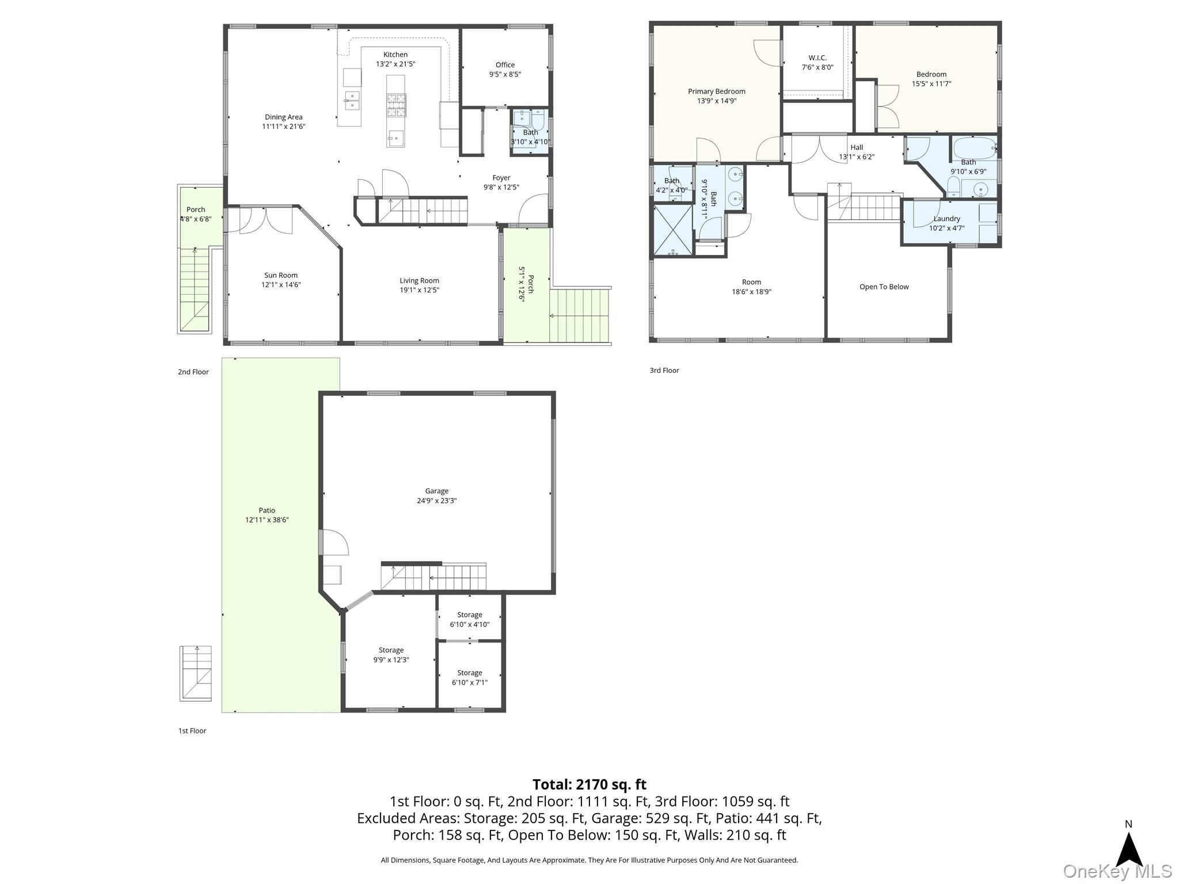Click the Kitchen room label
pyautogui.click(x=395, y=55)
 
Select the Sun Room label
pyautogui.click(x=281, y=275)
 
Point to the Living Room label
pyautogui.click(x=419, y=281)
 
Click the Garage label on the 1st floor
pyautogui.click(x=436, y=491)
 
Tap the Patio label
pyautogui.click(x=267, y=510)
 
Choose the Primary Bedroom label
pyautogui.click(x=717, y=92)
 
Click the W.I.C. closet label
pyautogui.click(x=817, y=58)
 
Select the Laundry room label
pyautogui.click(x=946, y=219)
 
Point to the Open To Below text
pyautogui.click(x=884, y=287)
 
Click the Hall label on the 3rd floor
pyautogui.click(x=857, y=147)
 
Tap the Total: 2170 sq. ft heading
pyautogui.click(x=589, y=784)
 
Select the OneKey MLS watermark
pyautogui.click(x=1117, y=871)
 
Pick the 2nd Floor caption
pyautogui.click(x=193, y=372)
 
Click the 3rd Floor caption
pyautogui.click(x=664, y=371)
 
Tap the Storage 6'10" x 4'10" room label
pyautogui.click(x=470, y=619)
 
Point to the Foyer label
pyautogui.click(x=501, y=178)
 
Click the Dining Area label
pyautogui.click(x=283, y=117)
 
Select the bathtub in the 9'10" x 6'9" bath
pyautogui.click(x=975, y=148)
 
